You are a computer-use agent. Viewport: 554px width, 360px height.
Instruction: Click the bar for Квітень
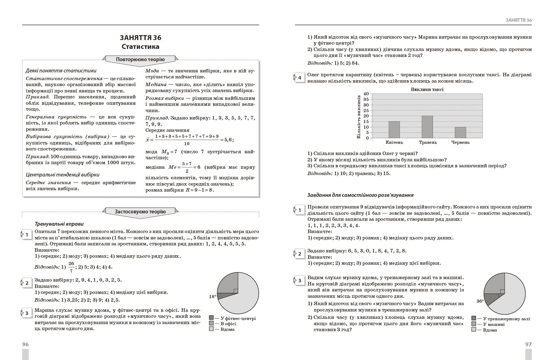(x=394, y=130)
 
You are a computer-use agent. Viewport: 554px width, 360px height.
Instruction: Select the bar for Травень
(x=427, y=127)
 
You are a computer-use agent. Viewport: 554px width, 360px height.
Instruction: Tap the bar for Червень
(x=460, y=133)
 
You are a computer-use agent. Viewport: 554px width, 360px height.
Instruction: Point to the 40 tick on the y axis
(x=366, y=94)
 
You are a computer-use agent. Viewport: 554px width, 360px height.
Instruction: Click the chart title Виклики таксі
(x=427, y=89)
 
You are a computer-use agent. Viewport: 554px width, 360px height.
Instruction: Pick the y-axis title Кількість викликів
(x=359, y=116)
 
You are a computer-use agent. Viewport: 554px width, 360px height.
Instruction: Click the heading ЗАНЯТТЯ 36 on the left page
(x=140, y=38)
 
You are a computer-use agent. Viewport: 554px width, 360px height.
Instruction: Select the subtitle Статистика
(x=140, y=47)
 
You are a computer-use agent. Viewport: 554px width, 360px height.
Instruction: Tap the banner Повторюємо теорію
(x=140, y=59)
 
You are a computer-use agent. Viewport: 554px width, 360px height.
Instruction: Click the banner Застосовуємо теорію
(x=140, y=212)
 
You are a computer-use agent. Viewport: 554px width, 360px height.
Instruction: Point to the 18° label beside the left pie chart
(x=212, y=297)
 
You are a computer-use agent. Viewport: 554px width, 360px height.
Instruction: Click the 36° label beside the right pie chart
(x=480, y=301)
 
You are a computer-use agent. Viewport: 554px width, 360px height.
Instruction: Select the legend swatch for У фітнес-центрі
(x=211, y=318)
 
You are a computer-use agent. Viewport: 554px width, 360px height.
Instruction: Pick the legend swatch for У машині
(x=474, y=324)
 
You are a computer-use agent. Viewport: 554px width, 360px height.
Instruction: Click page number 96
(x=25, y=345)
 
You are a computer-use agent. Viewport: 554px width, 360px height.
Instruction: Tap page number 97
(x=528, y=345)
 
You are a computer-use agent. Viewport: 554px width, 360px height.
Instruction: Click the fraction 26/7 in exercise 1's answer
(x=71, y=267)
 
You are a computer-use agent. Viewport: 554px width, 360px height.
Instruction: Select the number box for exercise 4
(x=299, y=78)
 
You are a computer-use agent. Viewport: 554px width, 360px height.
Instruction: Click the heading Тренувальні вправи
(x=59, y=224)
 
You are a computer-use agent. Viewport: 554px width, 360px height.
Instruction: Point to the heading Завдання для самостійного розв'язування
(x=360, y=195)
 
